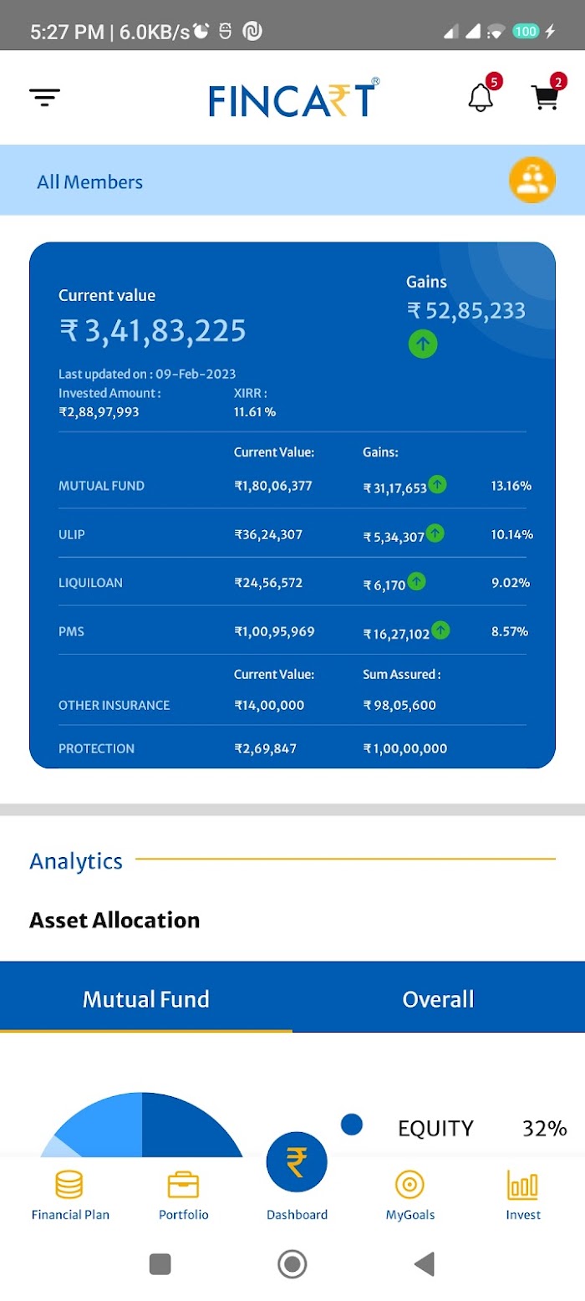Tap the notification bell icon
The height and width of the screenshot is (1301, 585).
(481, 98)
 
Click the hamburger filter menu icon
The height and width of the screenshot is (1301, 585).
(44, 98)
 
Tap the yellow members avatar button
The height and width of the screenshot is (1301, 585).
(532, 180)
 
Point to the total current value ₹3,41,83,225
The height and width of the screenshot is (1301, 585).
(153, 330)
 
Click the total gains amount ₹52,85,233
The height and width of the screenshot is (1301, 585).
(466, 311)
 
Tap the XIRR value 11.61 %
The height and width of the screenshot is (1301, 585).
(255, 412)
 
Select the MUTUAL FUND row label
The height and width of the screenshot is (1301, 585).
(102, 486)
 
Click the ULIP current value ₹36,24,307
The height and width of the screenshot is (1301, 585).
(268, 534)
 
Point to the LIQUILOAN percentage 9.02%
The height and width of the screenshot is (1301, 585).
(511, 583)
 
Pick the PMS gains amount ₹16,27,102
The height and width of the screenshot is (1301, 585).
(396, 634)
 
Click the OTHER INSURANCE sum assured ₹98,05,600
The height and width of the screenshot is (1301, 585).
(399, 705)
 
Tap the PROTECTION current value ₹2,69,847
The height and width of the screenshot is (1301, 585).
(265, 748)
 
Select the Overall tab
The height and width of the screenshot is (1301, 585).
(438, 999)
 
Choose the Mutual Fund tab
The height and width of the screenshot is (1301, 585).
(145, 999)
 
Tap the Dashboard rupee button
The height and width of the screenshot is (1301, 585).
(297, 1161)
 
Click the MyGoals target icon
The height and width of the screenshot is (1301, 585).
(409, 1184)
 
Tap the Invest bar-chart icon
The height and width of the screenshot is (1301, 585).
(523, 1184)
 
